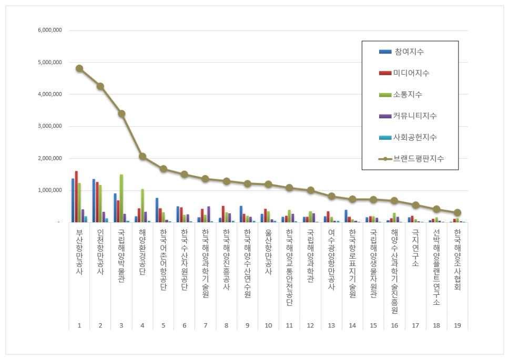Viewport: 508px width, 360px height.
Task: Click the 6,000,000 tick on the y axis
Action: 50,30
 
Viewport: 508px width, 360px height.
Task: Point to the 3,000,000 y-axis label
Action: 50,126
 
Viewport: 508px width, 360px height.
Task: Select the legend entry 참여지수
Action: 409,52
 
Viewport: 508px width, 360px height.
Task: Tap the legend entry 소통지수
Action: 408,95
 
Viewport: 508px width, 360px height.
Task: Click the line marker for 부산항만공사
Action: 79,68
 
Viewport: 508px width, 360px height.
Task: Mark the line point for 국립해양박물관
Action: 121,114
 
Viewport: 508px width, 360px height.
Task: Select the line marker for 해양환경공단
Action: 143,156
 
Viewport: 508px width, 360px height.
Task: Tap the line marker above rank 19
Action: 458,213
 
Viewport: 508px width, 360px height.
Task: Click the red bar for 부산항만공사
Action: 76,196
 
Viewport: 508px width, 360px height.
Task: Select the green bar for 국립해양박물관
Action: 121,198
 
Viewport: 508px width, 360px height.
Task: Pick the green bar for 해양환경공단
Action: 143,205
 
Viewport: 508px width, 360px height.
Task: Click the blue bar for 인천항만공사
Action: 94,200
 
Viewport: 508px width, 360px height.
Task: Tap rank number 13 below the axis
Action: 331,326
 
